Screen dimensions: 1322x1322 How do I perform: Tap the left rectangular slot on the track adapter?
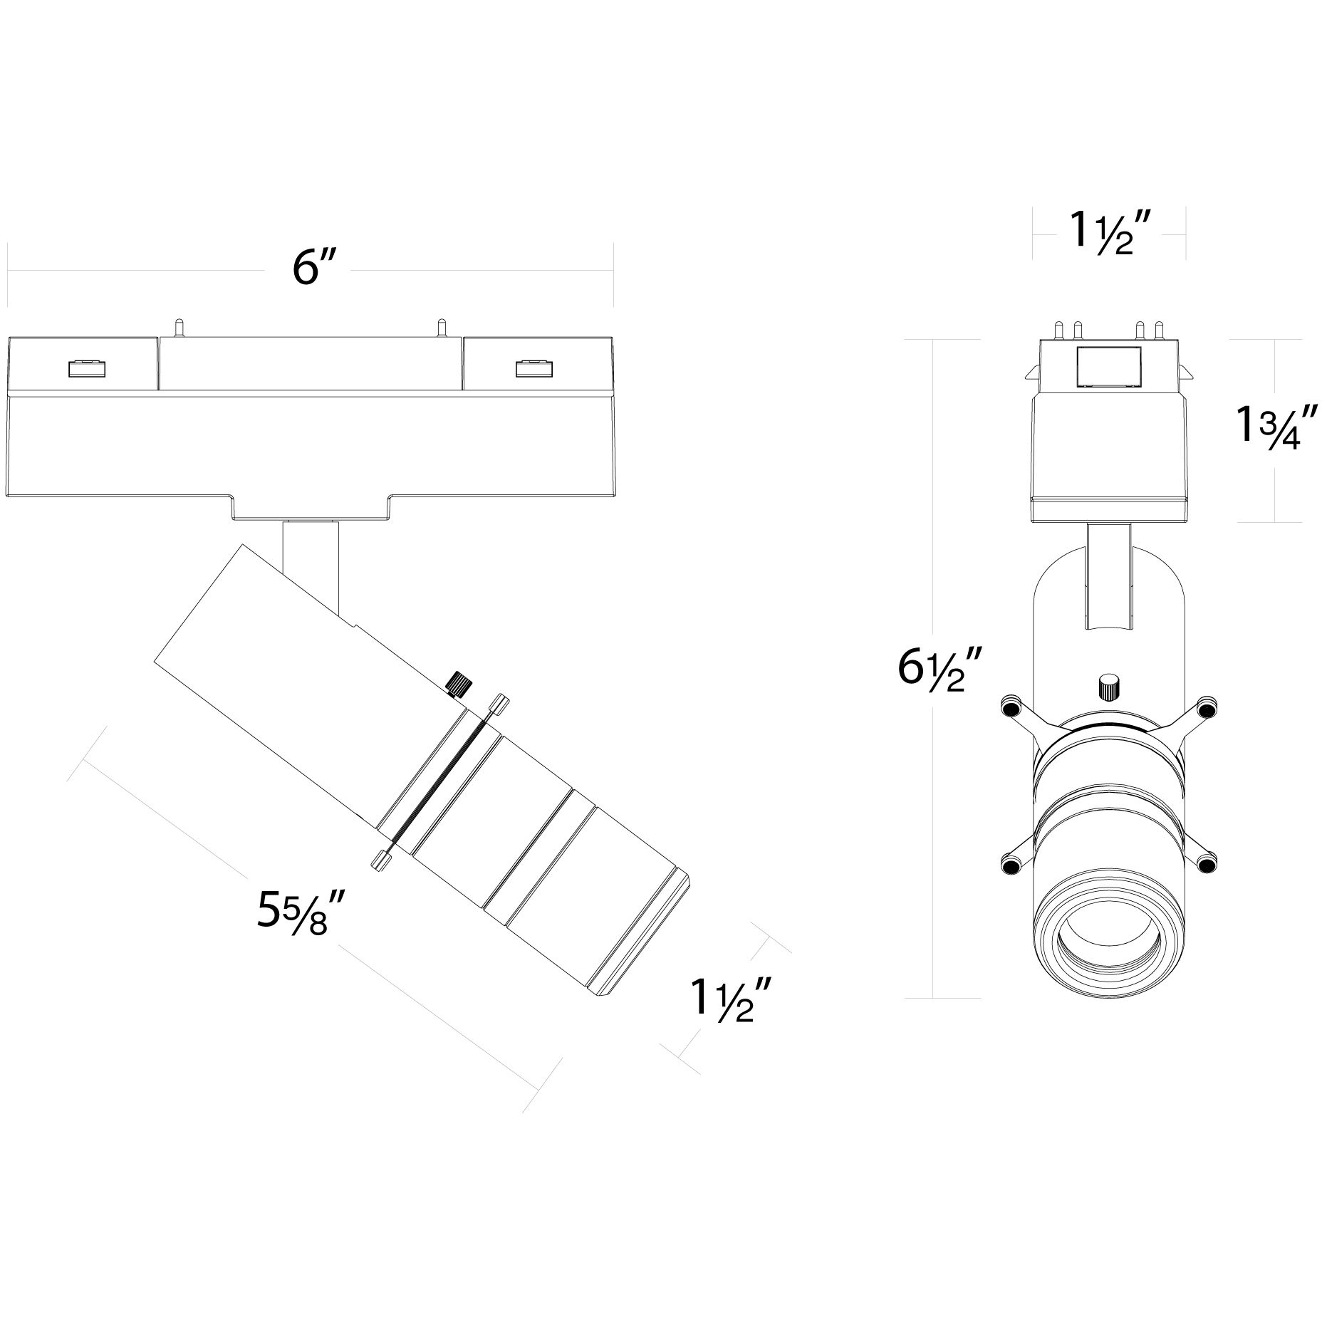coord(87,368)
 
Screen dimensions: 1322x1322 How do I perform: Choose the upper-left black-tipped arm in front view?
coord(1009,707)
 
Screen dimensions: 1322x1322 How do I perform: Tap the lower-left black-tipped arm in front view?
coord(1009,865)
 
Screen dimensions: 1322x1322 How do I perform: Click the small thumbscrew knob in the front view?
coord(1108,687)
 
